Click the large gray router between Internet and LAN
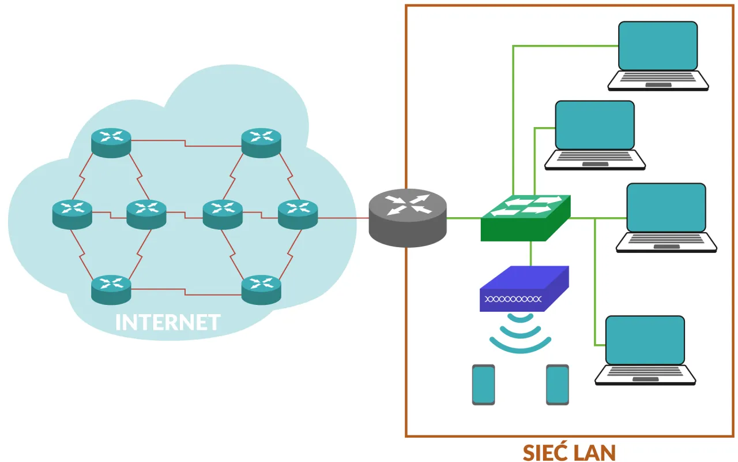point(408,217)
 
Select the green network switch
point(525,218)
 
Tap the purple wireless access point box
point(524,289)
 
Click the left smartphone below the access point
point(483,385)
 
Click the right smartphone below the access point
point(558,385)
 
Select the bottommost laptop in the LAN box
point(645,350)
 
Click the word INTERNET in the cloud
point(168,322)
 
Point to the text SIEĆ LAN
point(569,452)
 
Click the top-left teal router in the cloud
point(111,142)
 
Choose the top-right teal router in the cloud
point(261,142)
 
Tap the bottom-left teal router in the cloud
point(111,289)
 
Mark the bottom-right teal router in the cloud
point(261,289)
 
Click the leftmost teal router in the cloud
point(72,214)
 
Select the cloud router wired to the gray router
point(298,214)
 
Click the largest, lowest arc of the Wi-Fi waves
point(521,347)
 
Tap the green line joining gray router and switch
point(464,218)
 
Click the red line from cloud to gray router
point(344,218)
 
